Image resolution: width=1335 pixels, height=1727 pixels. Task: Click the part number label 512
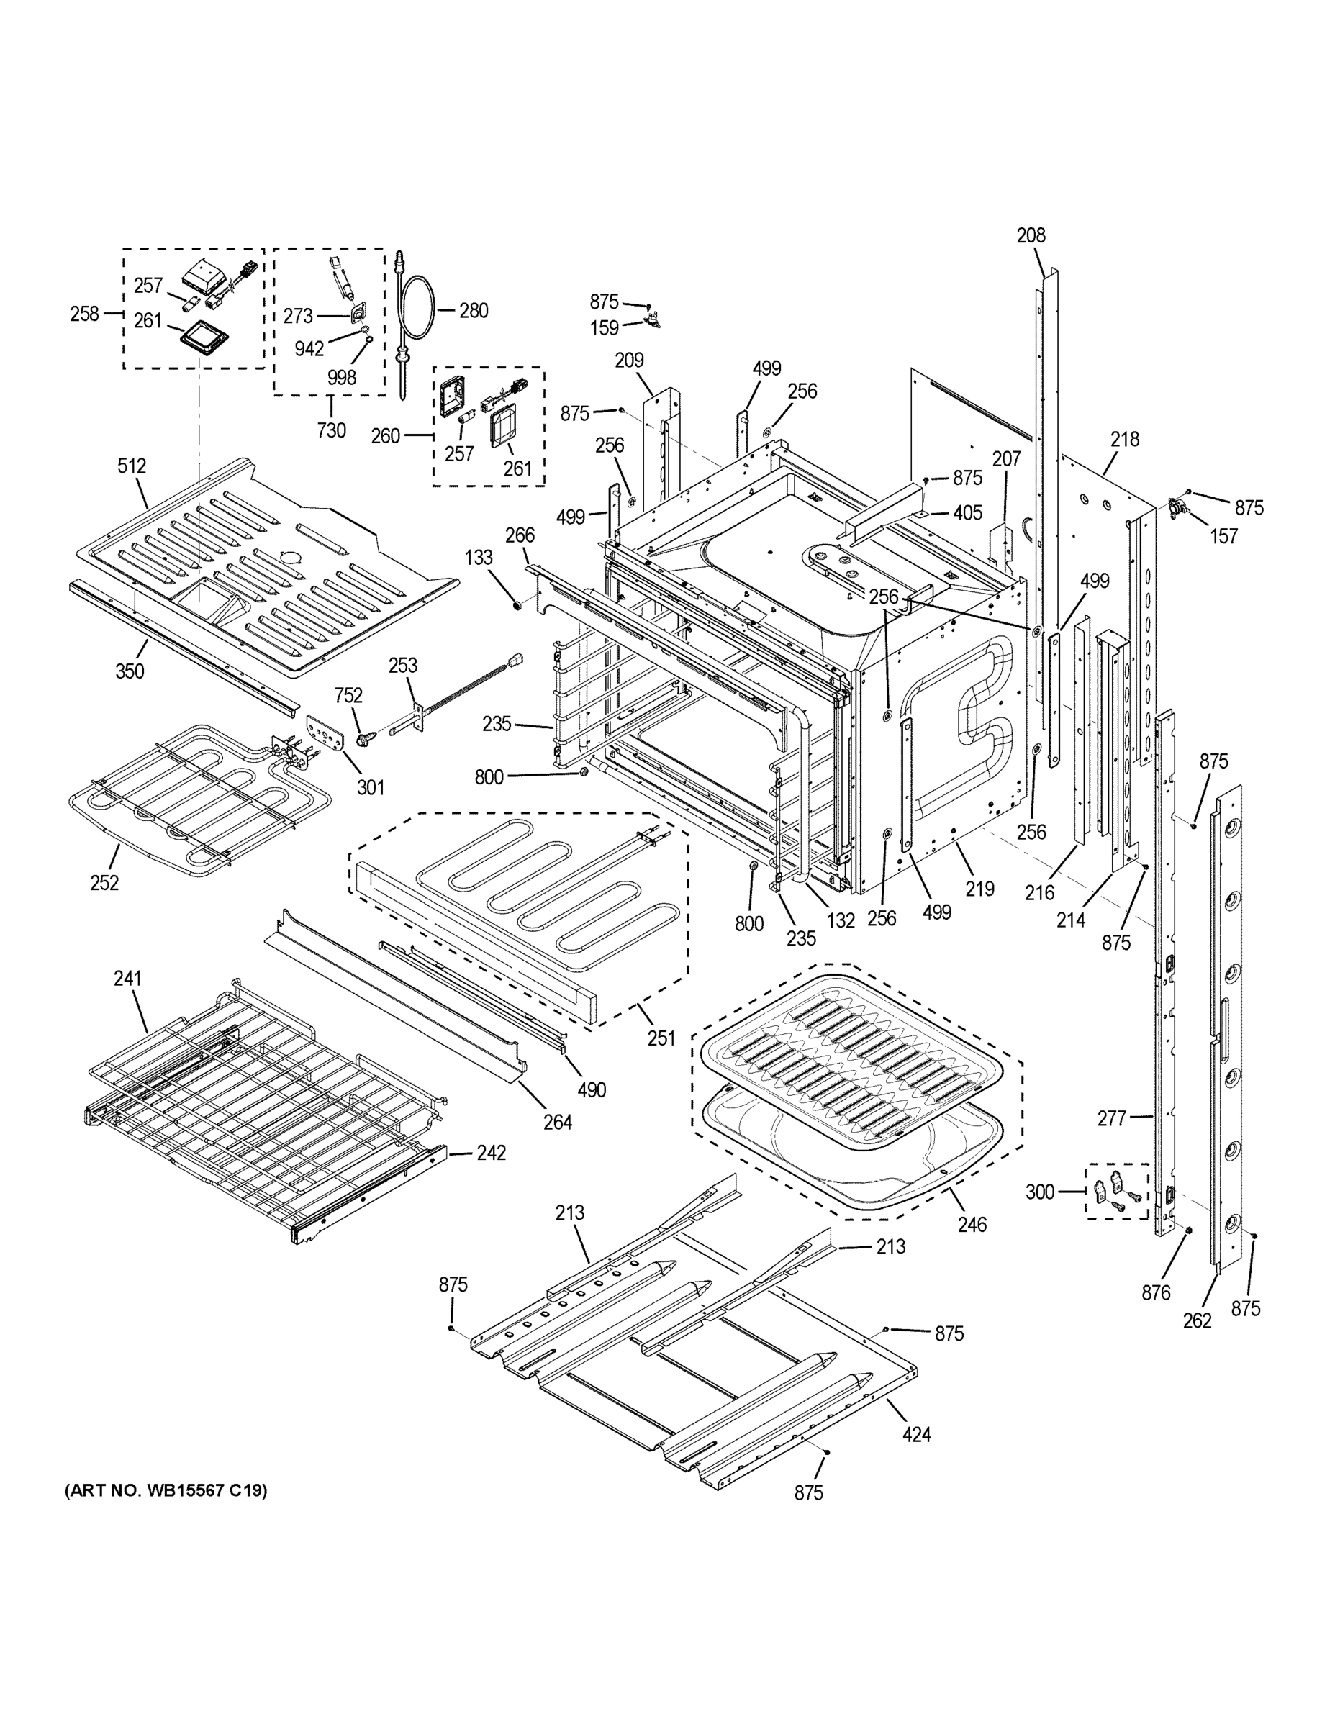click(132, 466)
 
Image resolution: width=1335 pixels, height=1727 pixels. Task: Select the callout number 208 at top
click(1031, 235)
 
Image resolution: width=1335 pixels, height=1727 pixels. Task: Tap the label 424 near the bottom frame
click(916, 1433)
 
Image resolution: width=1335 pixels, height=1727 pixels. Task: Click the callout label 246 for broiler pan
click(972, 1225)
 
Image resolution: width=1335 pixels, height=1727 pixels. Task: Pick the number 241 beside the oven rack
click(127, 979)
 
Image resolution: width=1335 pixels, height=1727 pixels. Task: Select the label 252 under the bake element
click(104, 882)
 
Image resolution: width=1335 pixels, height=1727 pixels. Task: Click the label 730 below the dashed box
click(331, 430)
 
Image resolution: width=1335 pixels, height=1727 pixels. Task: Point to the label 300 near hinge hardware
click(1040, 1192)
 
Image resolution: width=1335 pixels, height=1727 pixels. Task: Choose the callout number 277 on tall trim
click(1111, 1118)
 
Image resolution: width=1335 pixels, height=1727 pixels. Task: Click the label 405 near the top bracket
click(967, 513)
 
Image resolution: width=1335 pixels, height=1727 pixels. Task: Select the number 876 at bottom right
click(1156, 1293)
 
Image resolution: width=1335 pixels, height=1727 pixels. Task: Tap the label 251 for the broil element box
click(661, 1038)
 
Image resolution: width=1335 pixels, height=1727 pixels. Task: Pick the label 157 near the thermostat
click(1223, 536)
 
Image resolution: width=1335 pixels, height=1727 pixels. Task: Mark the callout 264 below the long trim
click(558, 1121)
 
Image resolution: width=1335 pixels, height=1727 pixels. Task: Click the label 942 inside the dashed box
click(309, 349)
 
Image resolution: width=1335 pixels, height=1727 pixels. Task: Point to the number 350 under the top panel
click(130, 671)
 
